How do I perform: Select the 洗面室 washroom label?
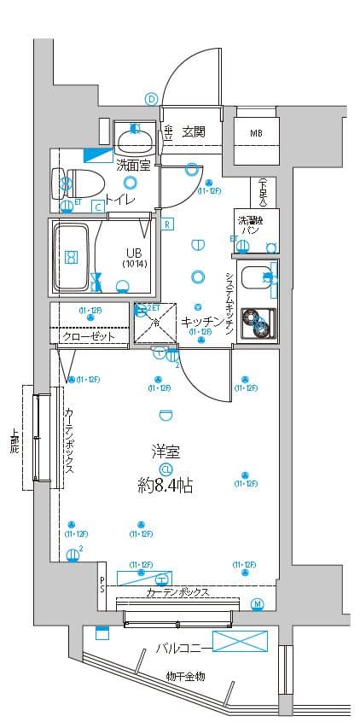click(133, 166)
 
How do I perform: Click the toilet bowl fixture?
click(78, 182)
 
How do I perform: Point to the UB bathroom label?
click(134, 253)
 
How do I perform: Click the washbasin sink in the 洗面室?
click(132, 137)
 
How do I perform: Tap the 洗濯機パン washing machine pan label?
click(249, 225)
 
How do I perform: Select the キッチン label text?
click(202, 322)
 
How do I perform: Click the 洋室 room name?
click(165, 452)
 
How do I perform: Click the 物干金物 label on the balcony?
click(185, 677)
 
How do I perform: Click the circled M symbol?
click(258, 605)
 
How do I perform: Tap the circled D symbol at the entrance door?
click(151, 99)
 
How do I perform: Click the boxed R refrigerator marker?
click(168, 224)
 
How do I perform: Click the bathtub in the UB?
click(72, 256)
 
